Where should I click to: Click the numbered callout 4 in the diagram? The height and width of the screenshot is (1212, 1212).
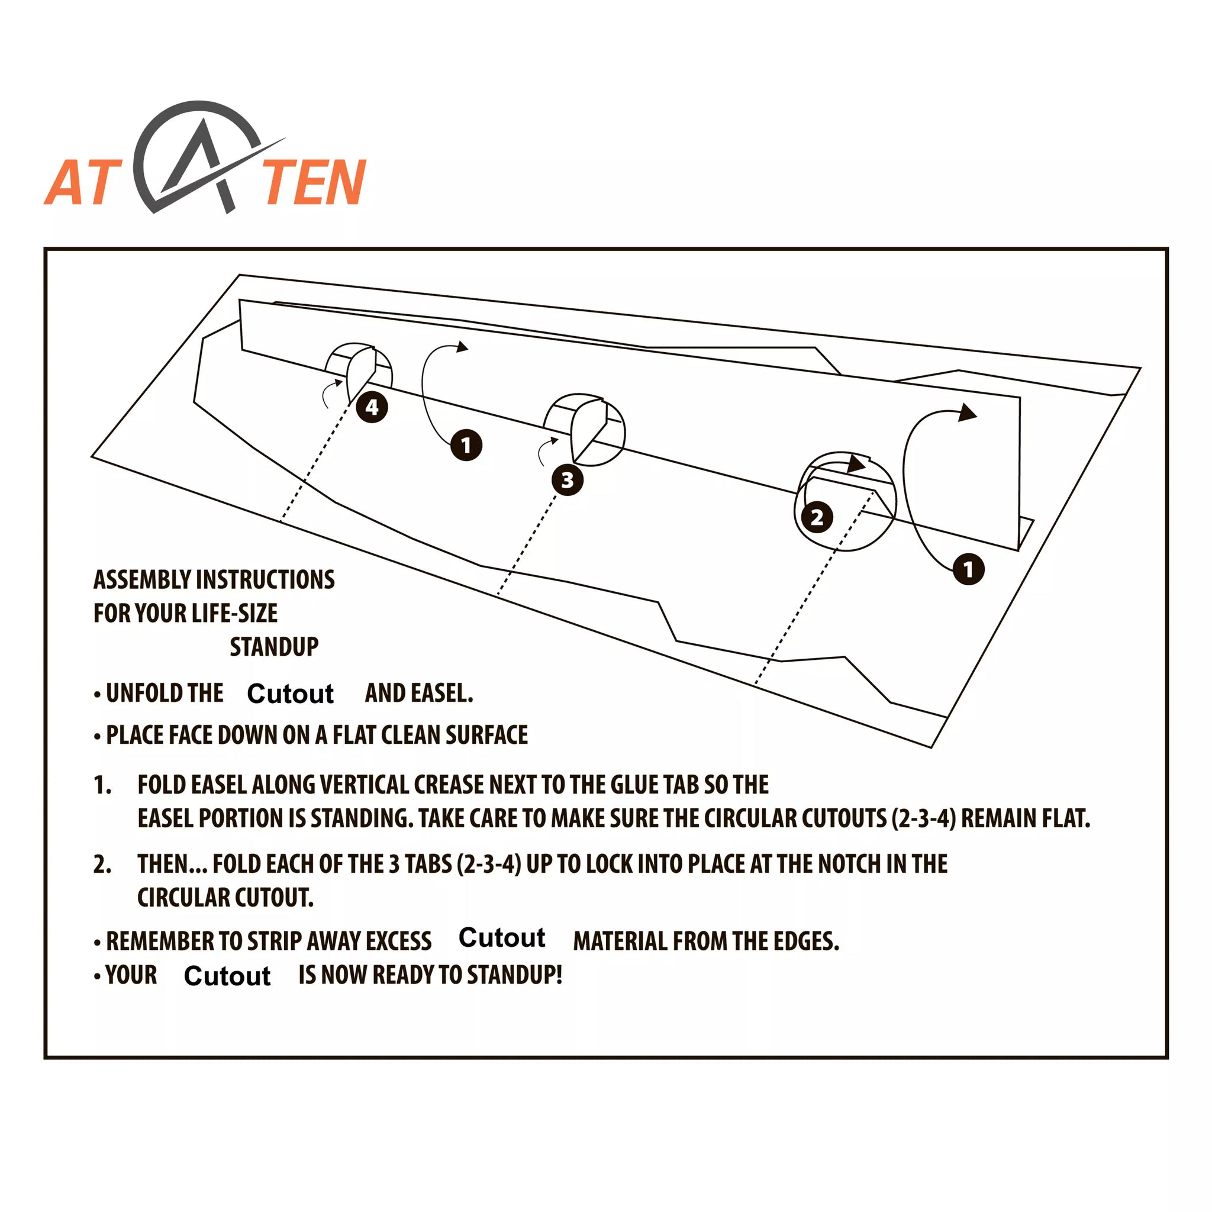372,407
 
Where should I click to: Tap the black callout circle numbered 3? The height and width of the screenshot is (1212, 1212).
567,480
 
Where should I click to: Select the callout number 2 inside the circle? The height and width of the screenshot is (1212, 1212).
817,518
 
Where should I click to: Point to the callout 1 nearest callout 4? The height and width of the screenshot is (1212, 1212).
466,446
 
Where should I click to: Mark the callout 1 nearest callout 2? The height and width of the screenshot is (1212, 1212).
969,569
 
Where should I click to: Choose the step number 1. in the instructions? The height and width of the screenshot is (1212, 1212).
102,785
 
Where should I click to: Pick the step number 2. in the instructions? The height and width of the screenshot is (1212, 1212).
102,865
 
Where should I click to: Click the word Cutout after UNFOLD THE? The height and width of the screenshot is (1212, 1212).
291,694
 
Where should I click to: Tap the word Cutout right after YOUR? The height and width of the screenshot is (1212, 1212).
227,976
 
